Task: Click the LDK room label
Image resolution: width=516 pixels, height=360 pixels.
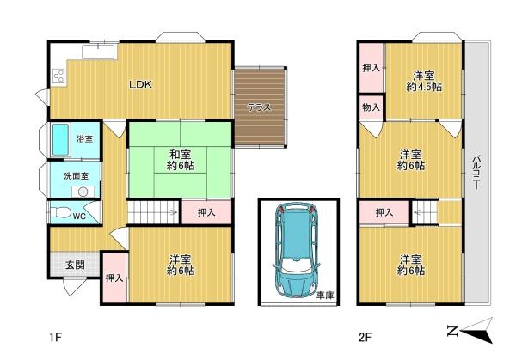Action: (140, 85)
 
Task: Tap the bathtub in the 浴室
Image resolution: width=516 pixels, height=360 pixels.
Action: (60, 140)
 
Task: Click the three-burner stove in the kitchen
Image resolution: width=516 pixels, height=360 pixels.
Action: (59, 77)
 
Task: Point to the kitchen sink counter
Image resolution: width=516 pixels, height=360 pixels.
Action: (98, 52)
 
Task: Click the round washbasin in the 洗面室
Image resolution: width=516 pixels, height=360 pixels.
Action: (83, 192)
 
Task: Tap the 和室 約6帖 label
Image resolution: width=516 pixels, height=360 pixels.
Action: (181, 160)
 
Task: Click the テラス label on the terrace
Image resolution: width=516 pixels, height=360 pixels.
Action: (260, 107)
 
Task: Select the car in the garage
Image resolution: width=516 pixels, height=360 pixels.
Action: (296, 249)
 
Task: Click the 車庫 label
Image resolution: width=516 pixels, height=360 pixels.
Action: (325, 296)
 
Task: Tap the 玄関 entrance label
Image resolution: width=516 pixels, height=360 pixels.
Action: (76, 265)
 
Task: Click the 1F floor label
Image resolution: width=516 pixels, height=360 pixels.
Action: (56, 338)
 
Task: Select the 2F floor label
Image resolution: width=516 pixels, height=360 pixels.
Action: (365, 338)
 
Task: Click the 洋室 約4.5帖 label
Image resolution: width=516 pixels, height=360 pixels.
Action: (424, 82)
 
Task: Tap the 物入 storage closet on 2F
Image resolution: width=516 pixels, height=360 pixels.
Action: (372, 107)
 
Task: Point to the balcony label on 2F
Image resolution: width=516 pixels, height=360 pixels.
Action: (476, 172)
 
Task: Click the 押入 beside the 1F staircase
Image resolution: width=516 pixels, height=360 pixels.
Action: (206, 212)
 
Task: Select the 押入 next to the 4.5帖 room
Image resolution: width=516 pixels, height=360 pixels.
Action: (372, 68)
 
